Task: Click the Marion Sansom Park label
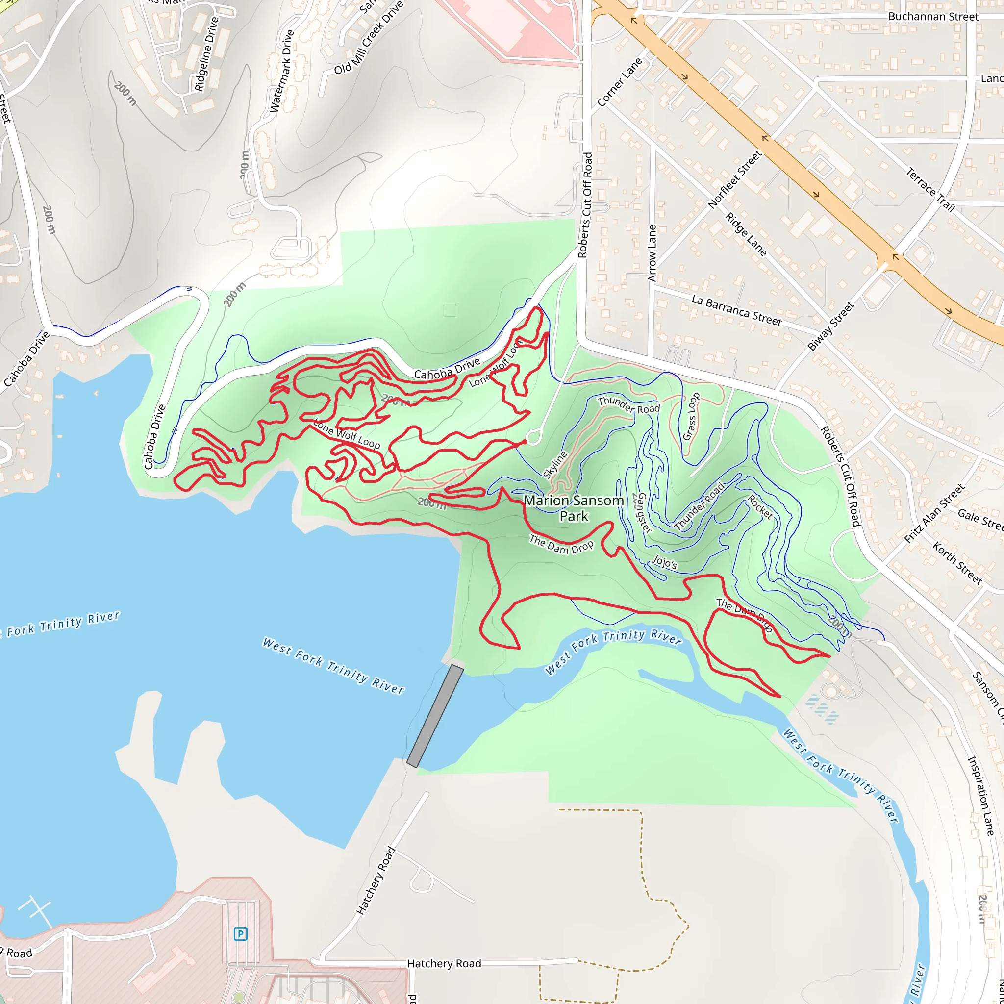click(x=574, y=508)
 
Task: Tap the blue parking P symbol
click(x=240, y=934)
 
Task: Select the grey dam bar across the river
click(x=435, y=716)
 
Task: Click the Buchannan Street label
click(x=933, y=17)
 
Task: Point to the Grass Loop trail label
click(x=691, y=417)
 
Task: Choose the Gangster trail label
click(x=643, y=512)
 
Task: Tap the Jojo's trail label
click(x=665, y=562)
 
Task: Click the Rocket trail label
click(x=760, y=507)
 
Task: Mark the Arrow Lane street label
click(x=652, y=253)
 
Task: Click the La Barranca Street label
click(x=736, y=310)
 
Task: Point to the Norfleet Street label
click(x=734, y=179)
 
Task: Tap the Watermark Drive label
click(x=282, y=71)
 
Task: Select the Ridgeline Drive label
click(x=206, y=54)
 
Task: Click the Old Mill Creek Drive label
click(x=368, y=38)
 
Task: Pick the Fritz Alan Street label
click(x=934, y=513)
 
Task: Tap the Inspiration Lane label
click(x=980, y=796)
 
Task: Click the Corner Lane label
click(x=620, y=82)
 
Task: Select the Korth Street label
click(x=957, y=563)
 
